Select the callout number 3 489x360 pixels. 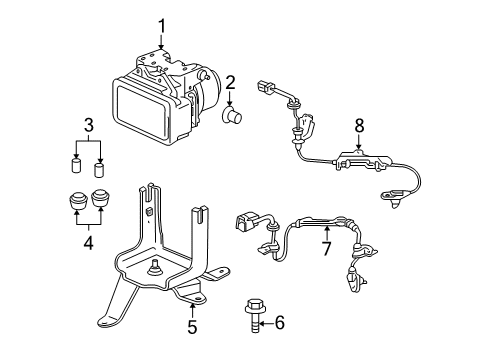(x=89, y=125)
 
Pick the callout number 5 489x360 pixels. (x=192, y=326)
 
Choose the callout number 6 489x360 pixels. (x=279, y=322)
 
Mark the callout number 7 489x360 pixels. (x=324, y=245)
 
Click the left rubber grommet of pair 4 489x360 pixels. (x=75, y=199)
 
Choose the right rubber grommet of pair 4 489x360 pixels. (x=100, y=197)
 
